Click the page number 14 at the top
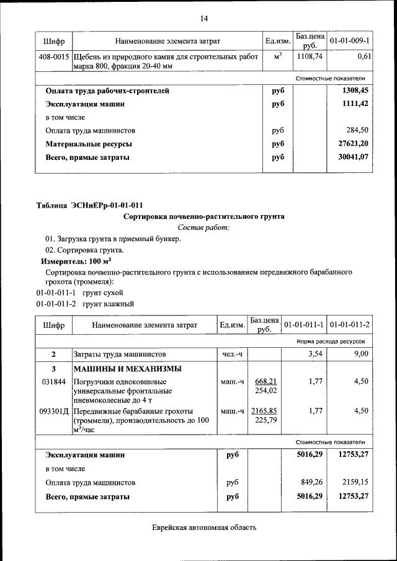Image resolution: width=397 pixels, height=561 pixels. tap(203, 18)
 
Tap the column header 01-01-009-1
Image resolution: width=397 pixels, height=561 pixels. tap(349, 41)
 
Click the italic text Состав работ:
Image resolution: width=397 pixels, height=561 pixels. tap(203, 228)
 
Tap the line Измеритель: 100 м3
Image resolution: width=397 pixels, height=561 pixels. tap(66, 262)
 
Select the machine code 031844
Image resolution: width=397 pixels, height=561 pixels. tap(53, 381)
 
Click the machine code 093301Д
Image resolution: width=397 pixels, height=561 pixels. tap(54, 411)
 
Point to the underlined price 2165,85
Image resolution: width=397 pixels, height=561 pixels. tap(264, 411)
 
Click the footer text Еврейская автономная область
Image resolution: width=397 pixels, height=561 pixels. tap(203, 528)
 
